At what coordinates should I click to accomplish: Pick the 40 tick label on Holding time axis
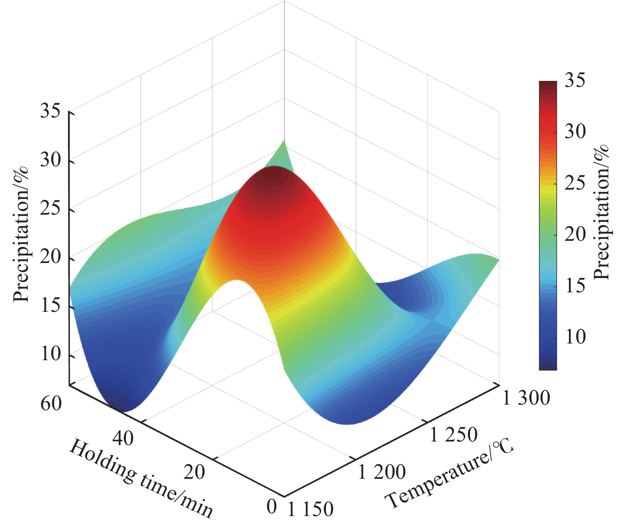(123, 439)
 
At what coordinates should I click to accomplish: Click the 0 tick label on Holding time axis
(271, 506)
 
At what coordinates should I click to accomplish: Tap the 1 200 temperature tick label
(382, 472)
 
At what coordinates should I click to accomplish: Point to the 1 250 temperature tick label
(454, 435)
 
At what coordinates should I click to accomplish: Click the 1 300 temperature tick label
(526, 398)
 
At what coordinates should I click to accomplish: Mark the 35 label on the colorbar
(575, 81)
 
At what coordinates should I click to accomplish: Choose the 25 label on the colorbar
(575, 183)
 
